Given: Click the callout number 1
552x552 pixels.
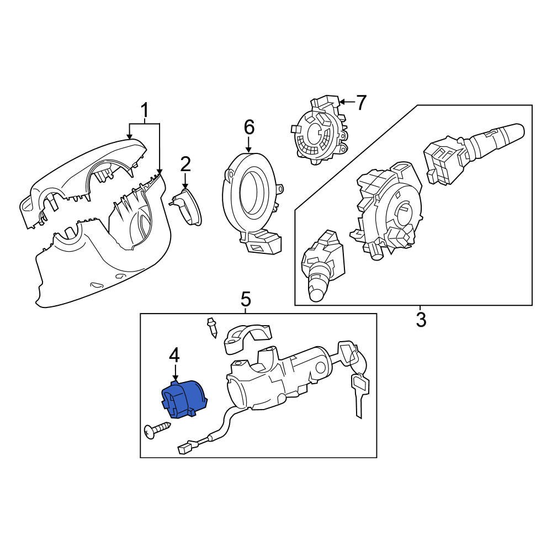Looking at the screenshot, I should point(144,112).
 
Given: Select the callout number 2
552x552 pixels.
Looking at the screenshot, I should point(185,164).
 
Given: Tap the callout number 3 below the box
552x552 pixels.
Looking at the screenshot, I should point(421,319).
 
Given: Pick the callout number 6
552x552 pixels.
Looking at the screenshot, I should point(249,128).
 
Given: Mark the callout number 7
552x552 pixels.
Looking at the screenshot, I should point(360,102).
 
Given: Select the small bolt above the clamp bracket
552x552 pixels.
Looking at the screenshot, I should point(211,328).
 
